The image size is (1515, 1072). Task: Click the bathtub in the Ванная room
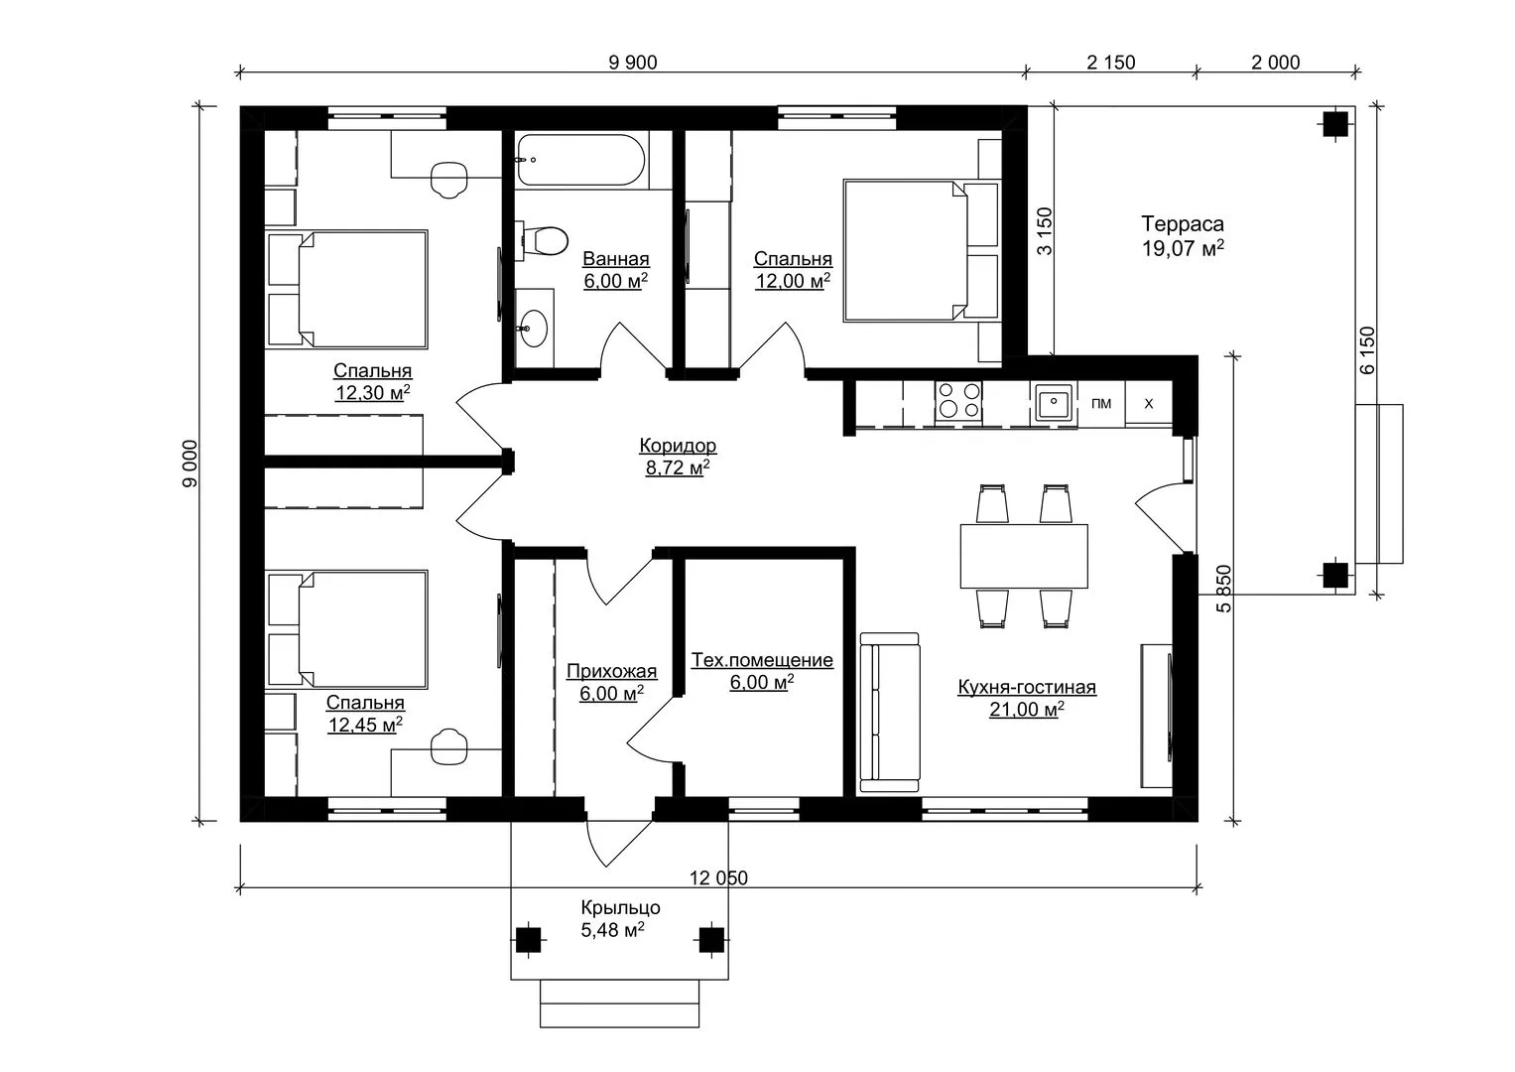click(581, 160)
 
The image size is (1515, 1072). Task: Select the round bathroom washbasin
click(534, 329)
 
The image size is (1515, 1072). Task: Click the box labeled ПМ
click(1101, 403)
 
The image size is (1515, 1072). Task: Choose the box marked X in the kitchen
click(1149, 403)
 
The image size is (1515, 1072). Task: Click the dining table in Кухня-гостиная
click(1024, 556)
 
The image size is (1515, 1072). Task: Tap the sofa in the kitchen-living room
click(889, 712)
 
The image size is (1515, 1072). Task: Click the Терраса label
click(1183, 223)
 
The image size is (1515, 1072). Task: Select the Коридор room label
click(678, 446)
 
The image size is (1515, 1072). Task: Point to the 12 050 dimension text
click(718, 877)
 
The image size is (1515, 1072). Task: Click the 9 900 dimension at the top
click(633, 63)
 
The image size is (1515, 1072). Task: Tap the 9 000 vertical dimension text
click(190, 464)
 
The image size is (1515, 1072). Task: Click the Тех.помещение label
click(762, 660)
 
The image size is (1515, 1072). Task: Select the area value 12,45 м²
click(365, 725)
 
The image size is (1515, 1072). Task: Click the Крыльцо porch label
click(620, 907)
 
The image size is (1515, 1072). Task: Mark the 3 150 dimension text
click(1045, 230)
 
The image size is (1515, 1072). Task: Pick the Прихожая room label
click(611, 671)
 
